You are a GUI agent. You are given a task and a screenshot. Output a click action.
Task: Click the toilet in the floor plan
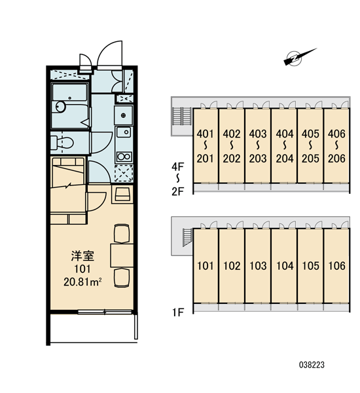(x=62, y=143)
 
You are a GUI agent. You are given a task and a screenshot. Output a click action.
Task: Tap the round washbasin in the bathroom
(x=60, y=107)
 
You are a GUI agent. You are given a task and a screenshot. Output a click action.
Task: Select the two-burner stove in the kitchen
(x=124, y=157)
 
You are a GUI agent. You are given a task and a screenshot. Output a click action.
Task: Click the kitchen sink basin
(x=124, y=132)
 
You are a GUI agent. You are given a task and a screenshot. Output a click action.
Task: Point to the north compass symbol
(x=300, y=57)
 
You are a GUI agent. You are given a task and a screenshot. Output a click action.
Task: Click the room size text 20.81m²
(x=82, y=282)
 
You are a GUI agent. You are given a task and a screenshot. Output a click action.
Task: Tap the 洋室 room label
(x=82, y=255)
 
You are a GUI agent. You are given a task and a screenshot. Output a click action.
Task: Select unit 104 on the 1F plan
(x=285, y=266)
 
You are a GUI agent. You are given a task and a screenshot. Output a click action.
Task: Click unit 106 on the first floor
(x=336, y=266)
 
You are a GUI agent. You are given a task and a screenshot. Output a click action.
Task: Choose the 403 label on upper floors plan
(x=258, y=134)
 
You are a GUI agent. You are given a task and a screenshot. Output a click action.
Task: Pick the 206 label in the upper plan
(x=336, y=159)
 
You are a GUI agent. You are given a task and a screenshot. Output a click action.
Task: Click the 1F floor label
(x=178, y=312)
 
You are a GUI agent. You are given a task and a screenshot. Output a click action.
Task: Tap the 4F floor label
(x=178, y=166)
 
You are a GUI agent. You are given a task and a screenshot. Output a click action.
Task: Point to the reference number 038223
(x=312, y=365)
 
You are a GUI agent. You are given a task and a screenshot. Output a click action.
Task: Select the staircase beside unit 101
(x=187, y=237)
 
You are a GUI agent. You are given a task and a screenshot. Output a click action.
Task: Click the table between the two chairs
(x=122, y=255)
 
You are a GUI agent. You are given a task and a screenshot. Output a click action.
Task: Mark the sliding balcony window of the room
(x=105, y=312)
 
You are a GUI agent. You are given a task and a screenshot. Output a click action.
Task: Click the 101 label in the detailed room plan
(x=82, y=269)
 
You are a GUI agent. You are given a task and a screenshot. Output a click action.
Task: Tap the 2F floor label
(x=178, y=191)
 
